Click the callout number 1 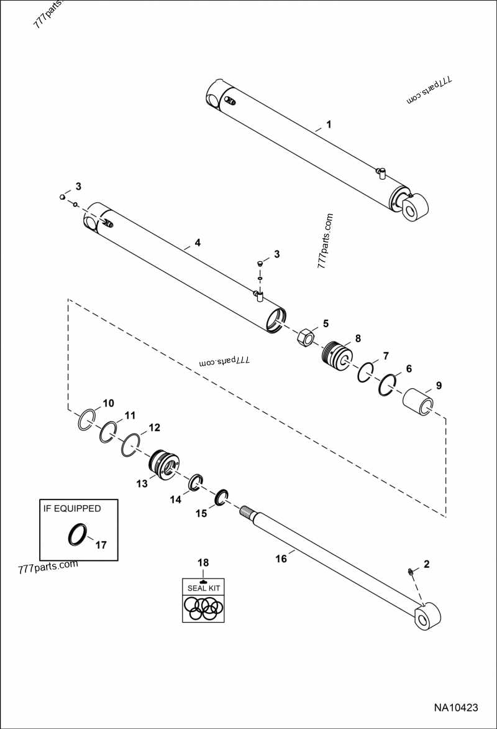[x=329, y=124]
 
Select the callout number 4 [x=198, y=243]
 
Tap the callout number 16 [x=281, y=559]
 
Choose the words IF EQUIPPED [x=72, y=508]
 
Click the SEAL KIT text [x=203, y=587]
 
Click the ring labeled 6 [x=388, y=385]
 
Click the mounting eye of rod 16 [x=427, y=618]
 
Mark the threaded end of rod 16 [x=248, y=513]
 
